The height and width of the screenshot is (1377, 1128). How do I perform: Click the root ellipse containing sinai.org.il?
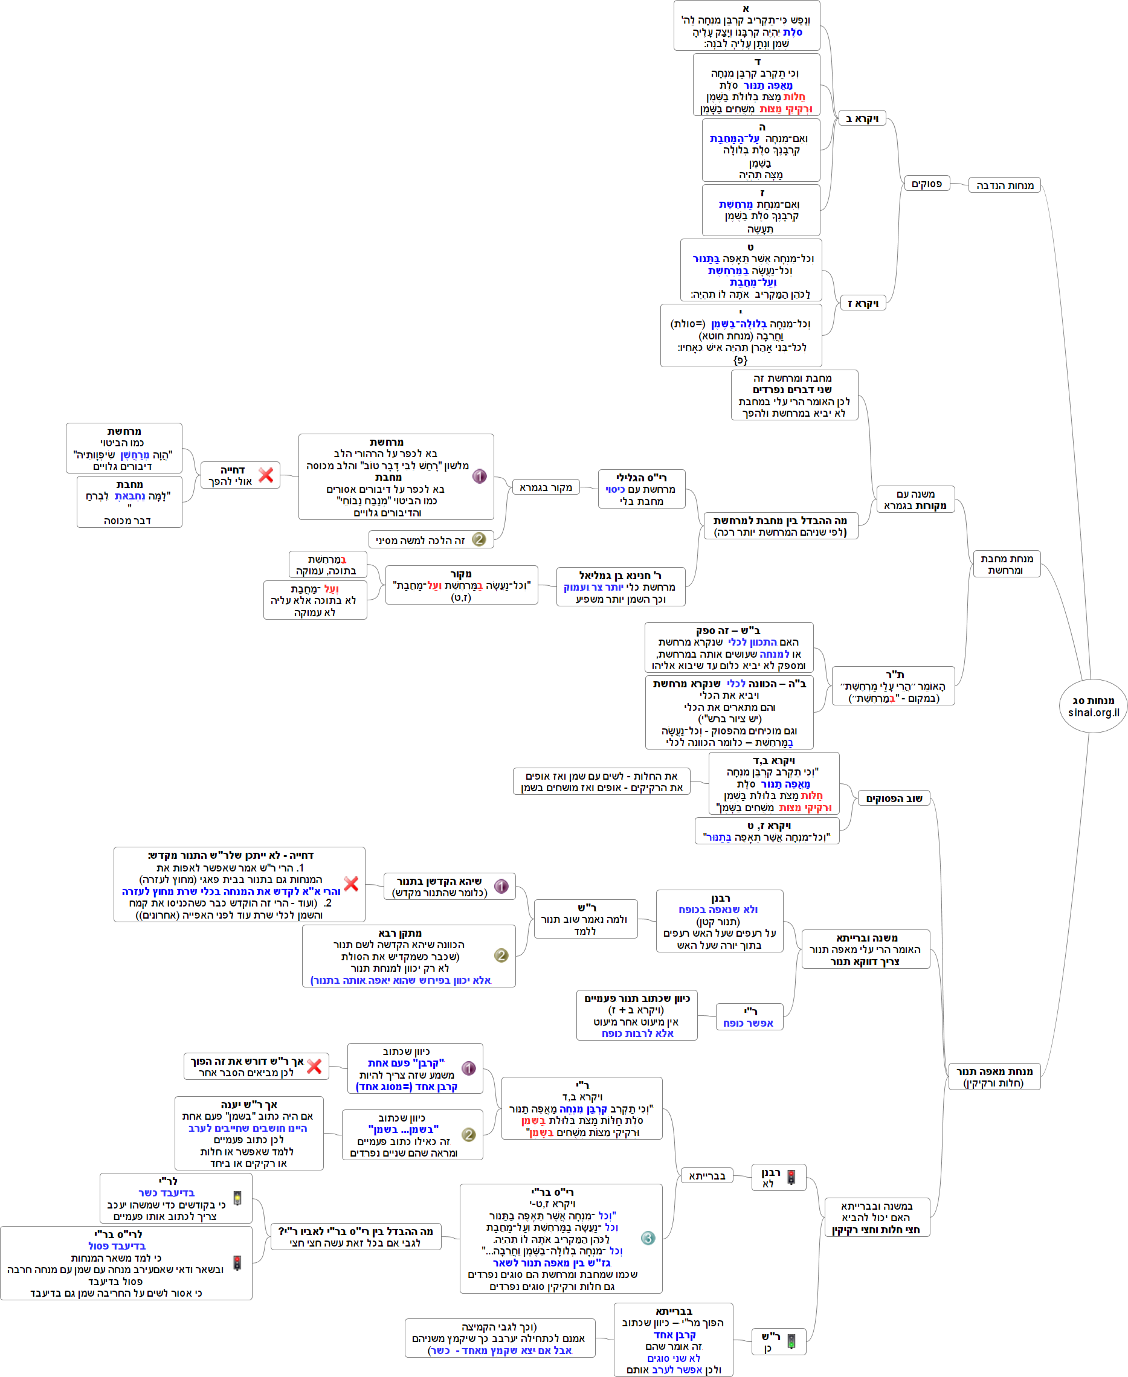tap(1093, 706)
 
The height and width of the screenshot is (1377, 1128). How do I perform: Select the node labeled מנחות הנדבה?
tap(1005, 185)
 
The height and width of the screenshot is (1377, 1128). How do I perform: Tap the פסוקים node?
tap(927, 184)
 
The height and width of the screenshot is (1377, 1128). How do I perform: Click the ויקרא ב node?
tap(862, 118)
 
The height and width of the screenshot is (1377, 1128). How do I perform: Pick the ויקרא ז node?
tap(862, 303)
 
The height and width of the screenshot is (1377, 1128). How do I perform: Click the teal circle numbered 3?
tap(648, 1238)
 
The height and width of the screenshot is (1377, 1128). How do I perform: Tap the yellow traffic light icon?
tap(237, 1198)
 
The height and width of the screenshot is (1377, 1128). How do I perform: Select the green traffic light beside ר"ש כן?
tap(791, 1341)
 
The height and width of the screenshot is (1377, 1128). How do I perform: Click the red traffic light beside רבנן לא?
tap(791, 1177)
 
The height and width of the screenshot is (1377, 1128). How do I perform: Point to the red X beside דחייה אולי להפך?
tap(266, 475)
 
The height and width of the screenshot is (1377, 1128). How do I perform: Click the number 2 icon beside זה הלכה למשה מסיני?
tap(479, 539)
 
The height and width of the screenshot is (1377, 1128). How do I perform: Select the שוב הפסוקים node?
tap(894, 798)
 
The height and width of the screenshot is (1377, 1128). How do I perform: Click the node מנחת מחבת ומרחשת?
tap(1006, 564)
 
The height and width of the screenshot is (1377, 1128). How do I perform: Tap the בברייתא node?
tap(707, 1176)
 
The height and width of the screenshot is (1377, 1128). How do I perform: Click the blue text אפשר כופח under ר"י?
tap(749, 1023)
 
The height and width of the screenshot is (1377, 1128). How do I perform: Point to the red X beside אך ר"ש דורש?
tap(315, 1066)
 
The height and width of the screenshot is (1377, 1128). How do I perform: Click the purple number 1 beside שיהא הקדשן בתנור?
tap(501, 886)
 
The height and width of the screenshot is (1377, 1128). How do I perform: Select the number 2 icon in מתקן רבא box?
tap(501, 955)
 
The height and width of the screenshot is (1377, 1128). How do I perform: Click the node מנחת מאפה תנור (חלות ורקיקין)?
tap(993, 1076)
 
